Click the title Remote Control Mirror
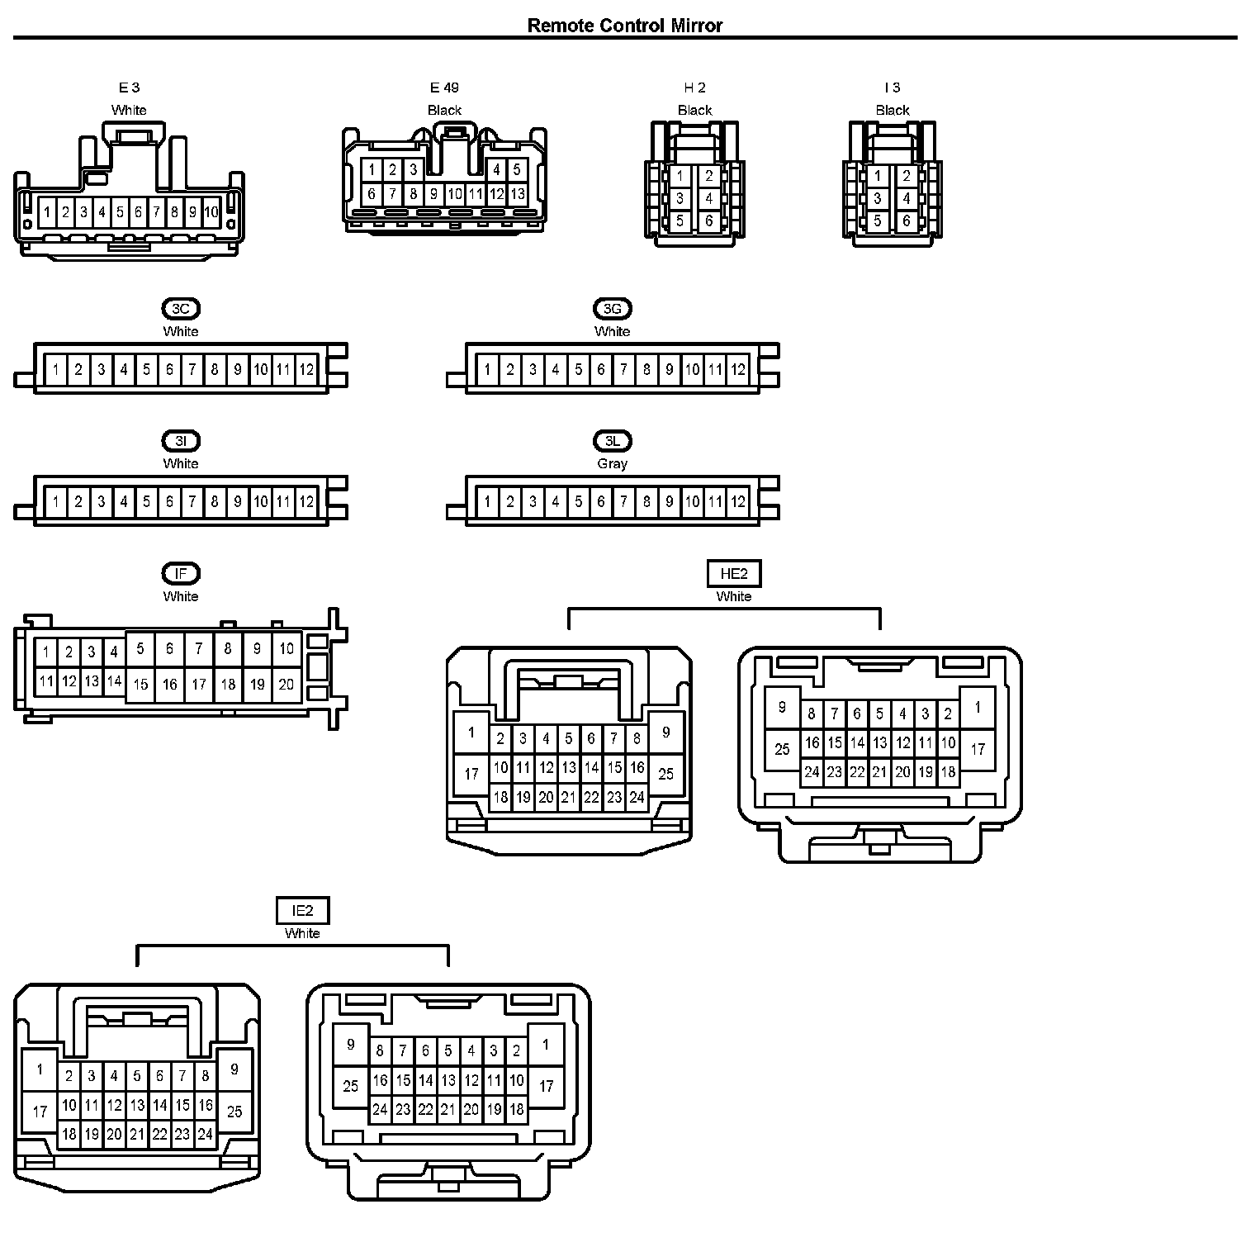[x=625, y=26]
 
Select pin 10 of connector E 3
[x=211, y=212]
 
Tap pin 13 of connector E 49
[x=518, y=195]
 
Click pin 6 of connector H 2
[x=708, y=220]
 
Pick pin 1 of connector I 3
[x=878, y=176]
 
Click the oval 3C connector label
[x=181, y=309]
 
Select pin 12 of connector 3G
[x=738, y=369]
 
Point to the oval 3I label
[x=181, y=441]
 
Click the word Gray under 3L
[x=612, y=463]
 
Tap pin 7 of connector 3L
[x=623, y=501]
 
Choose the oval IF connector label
[x=181, y=573]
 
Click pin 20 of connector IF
[x=287, y=684]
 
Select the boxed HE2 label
[x=734, y=573]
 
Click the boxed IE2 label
[x=302, y=911]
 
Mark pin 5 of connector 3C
[x=146, y=369]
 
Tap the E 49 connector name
[x=444, y=88]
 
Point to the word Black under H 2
[x=694, y=110]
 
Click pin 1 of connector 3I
[x=55, y=501]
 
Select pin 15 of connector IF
[x=140, y=684]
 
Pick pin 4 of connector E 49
[x=496, y=170]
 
